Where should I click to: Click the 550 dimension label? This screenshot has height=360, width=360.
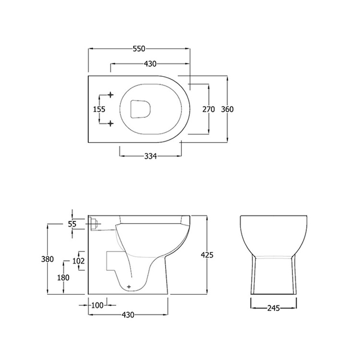(x=139, y=49)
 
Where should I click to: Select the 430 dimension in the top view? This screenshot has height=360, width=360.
(x=149, y=64)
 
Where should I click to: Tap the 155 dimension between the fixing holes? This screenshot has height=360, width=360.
(x=99, y=109)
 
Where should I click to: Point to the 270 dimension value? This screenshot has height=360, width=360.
(x=208, y=109)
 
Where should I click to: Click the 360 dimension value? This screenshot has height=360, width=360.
(x=227, y=109)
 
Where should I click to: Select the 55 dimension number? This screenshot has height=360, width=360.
(x=72, y=224)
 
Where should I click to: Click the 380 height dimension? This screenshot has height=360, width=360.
(x=47, y=258)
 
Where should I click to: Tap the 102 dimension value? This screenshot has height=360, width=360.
(x=78, y=261)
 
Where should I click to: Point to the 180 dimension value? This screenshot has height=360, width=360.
(x=63, y=277)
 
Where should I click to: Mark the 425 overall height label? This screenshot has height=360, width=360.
(x=207, y=255)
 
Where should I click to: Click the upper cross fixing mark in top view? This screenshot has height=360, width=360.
(x=111, y=95)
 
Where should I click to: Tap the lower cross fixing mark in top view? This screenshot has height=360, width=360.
(x=111, y=123)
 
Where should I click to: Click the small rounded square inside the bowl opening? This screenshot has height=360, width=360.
(x=141, y=109)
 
